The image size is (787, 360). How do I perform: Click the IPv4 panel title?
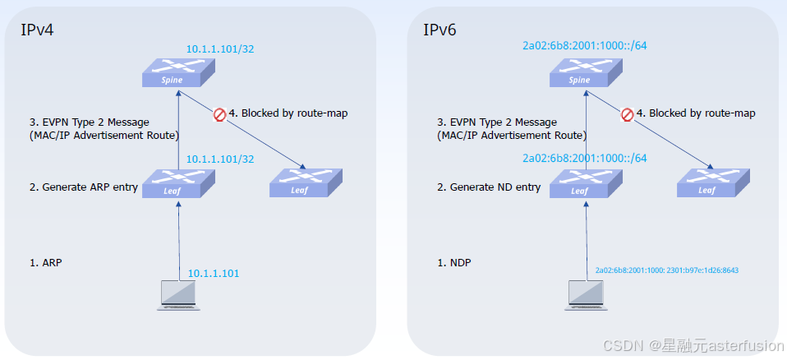click(x=37, y=30)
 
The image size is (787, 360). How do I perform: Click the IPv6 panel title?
click(x=440, y=30)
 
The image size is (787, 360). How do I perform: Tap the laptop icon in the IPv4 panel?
click(x=179, y=295)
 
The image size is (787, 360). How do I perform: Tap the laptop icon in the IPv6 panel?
click(x=586, y=295)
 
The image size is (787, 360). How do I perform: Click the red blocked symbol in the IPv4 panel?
click(x=219, y=114)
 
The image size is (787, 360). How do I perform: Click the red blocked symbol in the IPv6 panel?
click(x=627, y=114)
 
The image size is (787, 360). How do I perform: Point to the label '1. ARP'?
click(x=46, y=263)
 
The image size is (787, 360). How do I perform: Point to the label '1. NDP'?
click(x=453, y=263)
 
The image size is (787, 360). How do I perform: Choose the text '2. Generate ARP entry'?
click(x=83, y=187)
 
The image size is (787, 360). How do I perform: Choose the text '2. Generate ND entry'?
click(x=489, y=187)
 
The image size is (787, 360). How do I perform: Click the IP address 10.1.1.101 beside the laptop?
click(x=214, y=274)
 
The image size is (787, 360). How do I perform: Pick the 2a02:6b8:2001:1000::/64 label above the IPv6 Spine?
click(x=584, y=45)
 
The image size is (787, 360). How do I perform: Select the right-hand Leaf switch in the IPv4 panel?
click(x=306, y=183)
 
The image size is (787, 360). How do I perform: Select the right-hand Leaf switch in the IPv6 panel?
click(x=712, y=183)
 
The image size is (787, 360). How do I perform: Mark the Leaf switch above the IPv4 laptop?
click(x=177, y=183)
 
